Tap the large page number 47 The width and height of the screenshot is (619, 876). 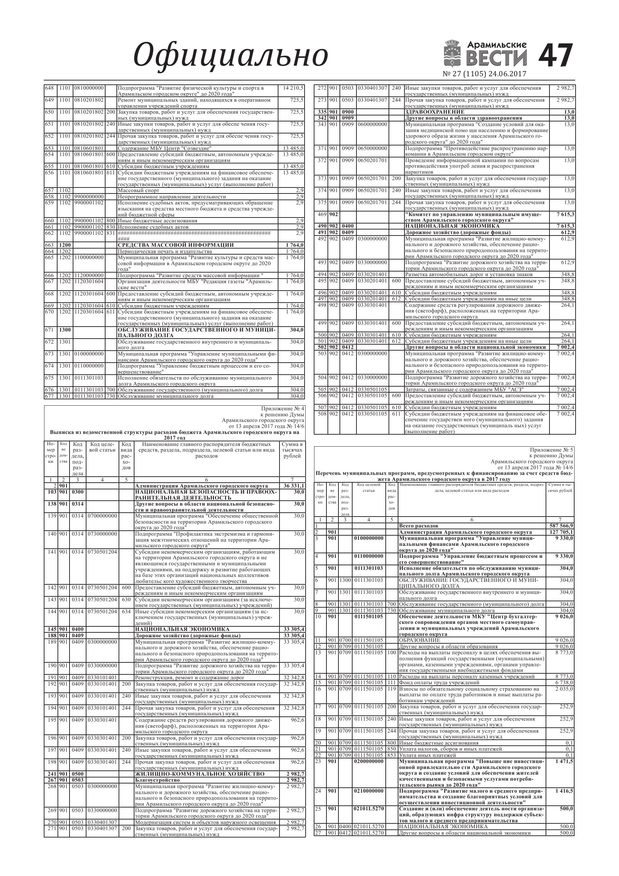coord(556,56)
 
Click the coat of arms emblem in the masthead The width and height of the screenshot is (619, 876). coord(454,53)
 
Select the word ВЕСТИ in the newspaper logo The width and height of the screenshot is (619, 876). coord(497,58)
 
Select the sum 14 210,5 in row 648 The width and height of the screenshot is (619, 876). coord(293,88)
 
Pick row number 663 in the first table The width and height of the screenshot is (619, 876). coord(49,245)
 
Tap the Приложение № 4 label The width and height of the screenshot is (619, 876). coord(283,409)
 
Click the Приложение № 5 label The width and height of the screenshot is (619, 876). coord(552,450)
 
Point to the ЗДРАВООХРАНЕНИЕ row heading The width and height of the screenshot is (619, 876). coord(434,112)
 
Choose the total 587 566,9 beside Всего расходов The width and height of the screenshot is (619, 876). coord(561,526)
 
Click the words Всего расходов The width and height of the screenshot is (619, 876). coord(419,526)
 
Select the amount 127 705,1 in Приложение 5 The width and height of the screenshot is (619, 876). coord(561,532)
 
